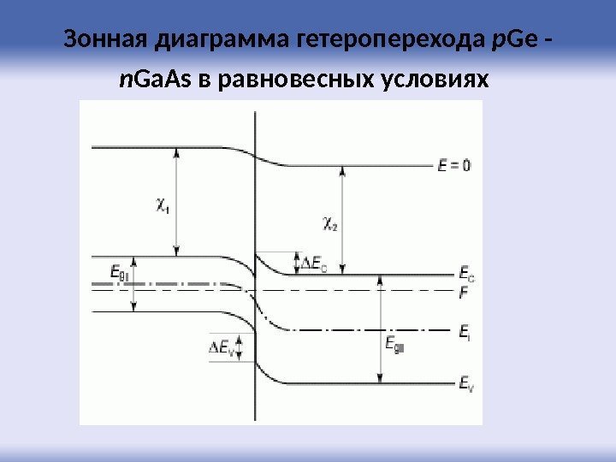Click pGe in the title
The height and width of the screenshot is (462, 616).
[512, 41]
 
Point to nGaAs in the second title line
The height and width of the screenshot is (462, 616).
[157, 81]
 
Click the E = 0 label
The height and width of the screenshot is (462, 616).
[453, 167]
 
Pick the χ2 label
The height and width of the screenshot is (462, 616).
[329, 223]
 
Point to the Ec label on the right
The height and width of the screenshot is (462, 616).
[465, 275]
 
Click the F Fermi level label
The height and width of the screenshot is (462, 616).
[464, 292]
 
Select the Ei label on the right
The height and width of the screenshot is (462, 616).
[465, 330]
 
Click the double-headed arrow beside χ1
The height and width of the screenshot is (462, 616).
[177, 202]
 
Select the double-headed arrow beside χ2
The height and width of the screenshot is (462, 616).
[342, 219]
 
